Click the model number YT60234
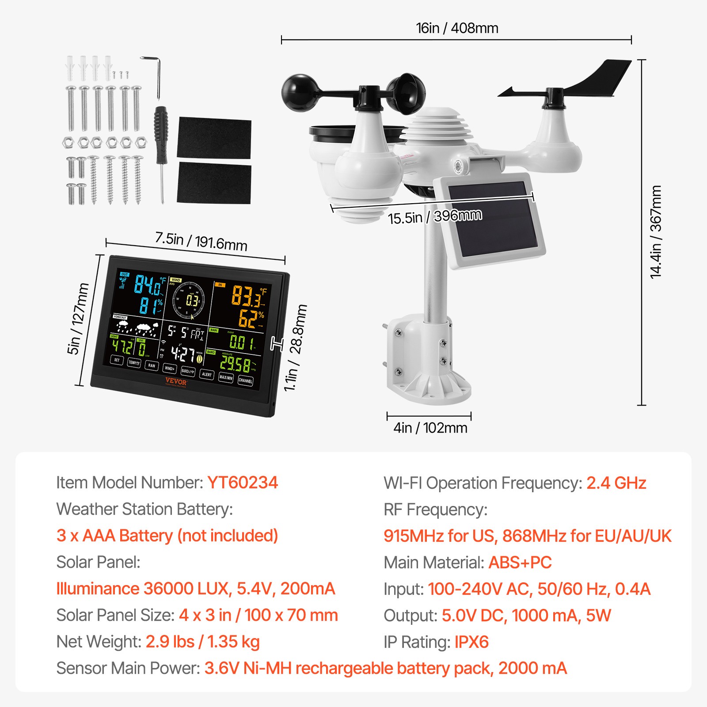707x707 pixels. pos(242,483)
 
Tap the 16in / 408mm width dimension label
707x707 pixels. pos(457,28)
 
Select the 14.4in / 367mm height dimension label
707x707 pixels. pos(656,232)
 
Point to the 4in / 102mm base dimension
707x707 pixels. pos(430,428)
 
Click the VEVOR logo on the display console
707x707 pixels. pos(176,382)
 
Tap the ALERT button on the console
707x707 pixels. pos(206,374)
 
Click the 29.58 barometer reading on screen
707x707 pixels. pos(236,364)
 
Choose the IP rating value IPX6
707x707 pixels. pos(471,642)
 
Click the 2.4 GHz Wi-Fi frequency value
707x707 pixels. pos(616,483)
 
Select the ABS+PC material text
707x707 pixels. pos(520,563)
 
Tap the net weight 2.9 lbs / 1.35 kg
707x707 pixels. pos(202,642)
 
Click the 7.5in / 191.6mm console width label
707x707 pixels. pos(201,241)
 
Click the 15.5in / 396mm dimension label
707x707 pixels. pos(435,217)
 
